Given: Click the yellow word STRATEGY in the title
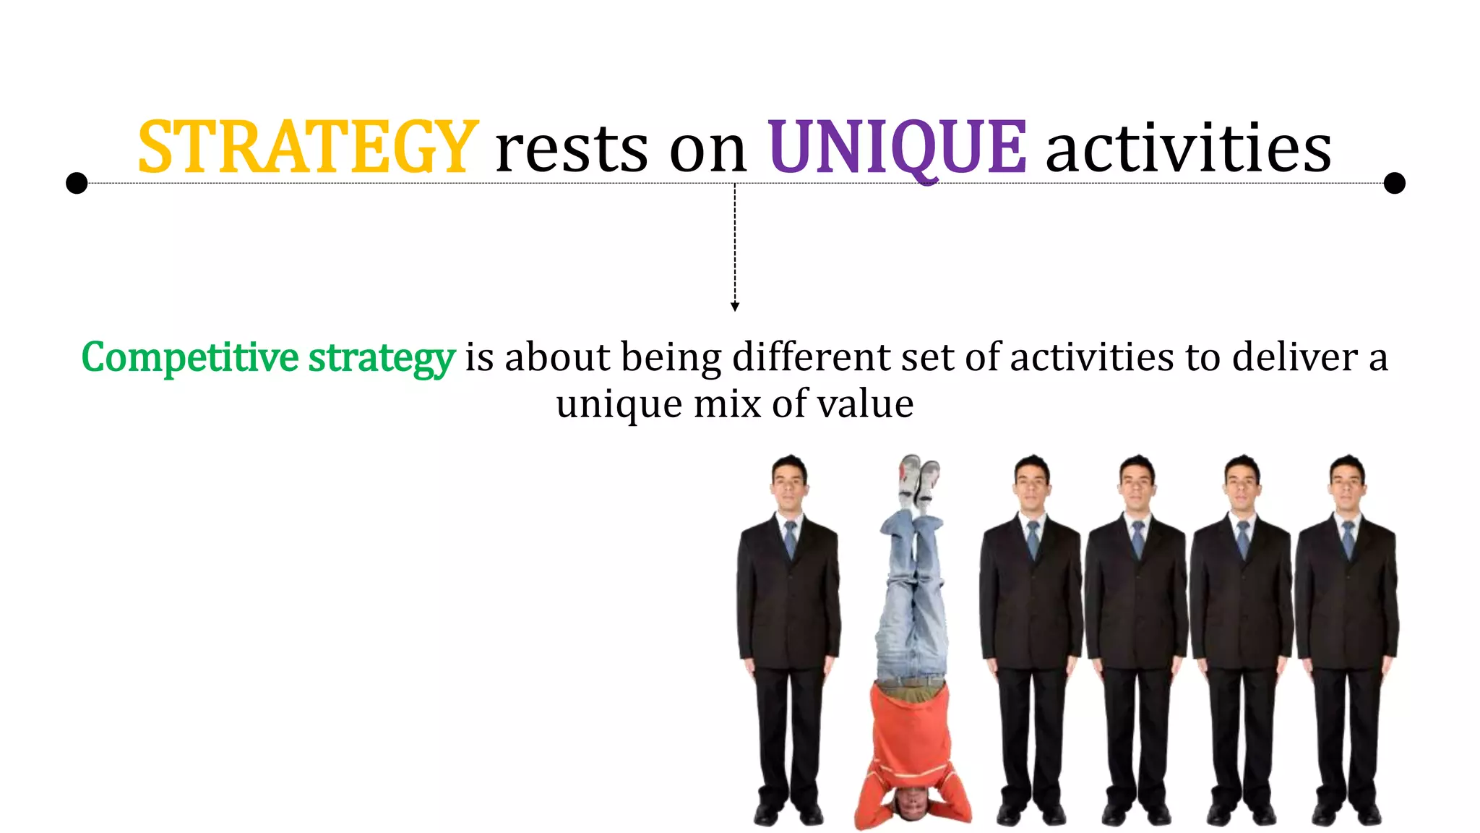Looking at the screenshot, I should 307,148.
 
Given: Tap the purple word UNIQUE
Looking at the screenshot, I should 896,148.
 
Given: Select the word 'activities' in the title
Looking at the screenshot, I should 1188,148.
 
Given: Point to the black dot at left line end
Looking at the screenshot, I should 77,183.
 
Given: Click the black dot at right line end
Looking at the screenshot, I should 1394,183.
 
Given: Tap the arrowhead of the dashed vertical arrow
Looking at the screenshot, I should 735,307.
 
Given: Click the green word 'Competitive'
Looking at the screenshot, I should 189,357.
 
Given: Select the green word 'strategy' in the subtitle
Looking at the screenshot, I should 382,359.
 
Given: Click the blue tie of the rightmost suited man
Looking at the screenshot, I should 1348,539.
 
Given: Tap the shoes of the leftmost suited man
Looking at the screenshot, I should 788,815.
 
